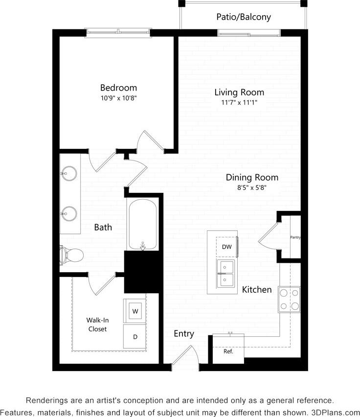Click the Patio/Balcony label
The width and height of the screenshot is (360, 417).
point(244,17)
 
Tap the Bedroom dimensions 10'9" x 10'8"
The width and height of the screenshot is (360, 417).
point(118,98)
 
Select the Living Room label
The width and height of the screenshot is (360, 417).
point(239,92)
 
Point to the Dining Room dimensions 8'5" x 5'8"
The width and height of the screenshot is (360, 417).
point(252,187)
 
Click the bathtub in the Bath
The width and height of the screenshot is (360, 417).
point(142,224)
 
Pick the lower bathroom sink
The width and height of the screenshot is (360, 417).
point(69,213)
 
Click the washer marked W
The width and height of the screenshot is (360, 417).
point(135,310)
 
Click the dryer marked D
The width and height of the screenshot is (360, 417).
point(135,337)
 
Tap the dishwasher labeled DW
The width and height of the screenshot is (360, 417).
point(226,247)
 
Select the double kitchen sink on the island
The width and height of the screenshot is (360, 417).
point(226,273)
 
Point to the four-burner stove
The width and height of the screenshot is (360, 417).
point(289,300)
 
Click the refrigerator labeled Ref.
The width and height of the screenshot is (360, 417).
point(228,351)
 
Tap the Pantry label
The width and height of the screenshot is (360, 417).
point(295,237)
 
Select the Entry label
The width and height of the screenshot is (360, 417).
point(184,334)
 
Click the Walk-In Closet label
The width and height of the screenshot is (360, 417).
point(97,324)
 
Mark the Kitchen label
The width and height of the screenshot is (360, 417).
point(257,290)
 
